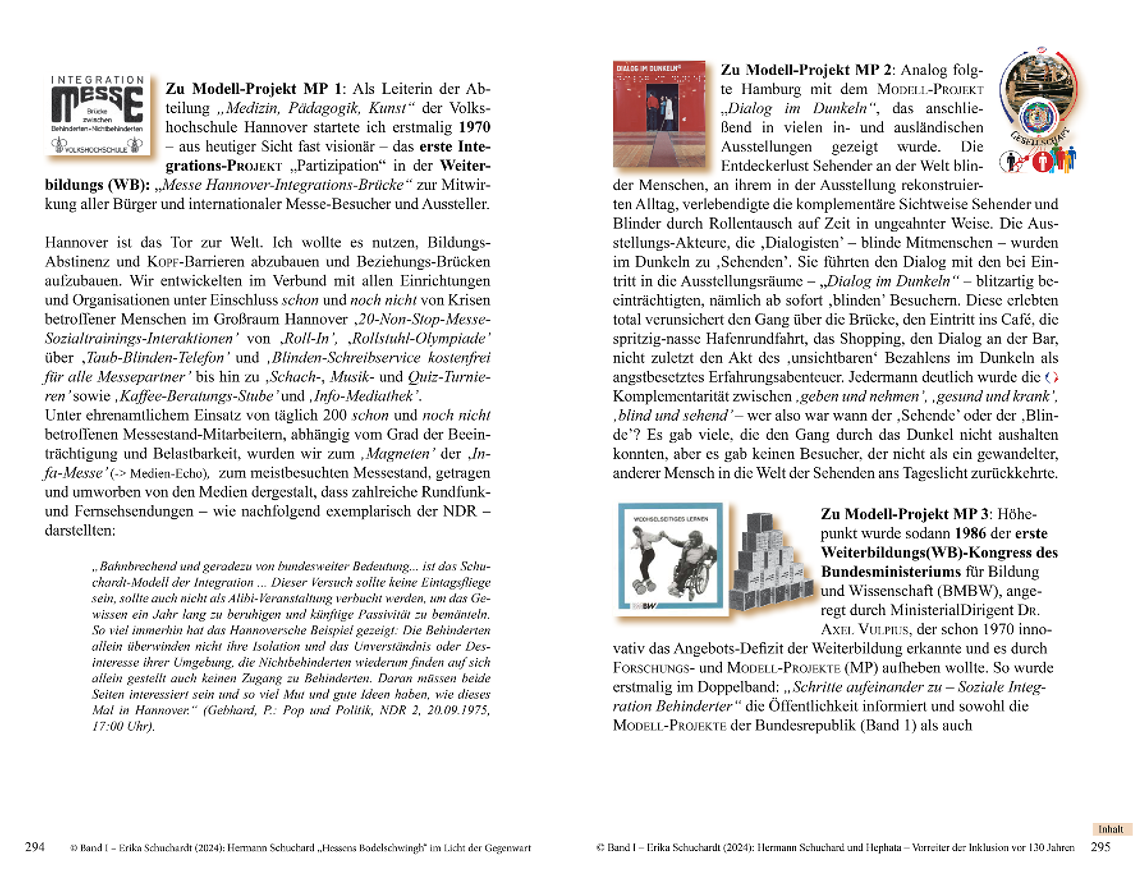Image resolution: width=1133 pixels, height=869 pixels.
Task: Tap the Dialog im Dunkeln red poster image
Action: point(659,114)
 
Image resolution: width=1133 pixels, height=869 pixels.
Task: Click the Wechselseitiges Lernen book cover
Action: point(670,556)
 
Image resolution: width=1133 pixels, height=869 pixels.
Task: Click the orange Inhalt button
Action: point(1111,829)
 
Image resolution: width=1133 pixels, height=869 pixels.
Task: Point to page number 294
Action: point(35,847)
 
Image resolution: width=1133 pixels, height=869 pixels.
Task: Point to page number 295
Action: point(1100,847)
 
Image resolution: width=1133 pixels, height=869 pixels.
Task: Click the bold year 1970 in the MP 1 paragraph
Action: point(474,127)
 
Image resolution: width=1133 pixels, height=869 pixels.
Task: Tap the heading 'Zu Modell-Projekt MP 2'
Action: point(806,70)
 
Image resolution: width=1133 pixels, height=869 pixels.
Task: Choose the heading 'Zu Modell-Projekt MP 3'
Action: point(904,514)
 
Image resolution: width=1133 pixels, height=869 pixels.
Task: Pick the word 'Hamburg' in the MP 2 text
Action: point(770,89)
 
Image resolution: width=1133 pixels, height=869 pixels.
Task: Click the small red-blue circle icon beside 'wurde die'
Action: point(1051,378)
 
